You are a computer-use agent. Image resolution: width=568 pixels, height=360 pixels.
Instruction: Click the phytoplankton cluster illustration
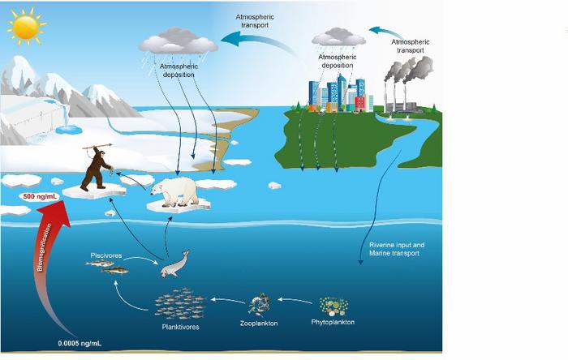click(x=334, y=306)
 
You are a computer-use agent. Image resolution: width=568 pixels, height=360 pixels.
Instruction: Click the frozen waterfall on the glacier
click(x=68, y=122)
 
